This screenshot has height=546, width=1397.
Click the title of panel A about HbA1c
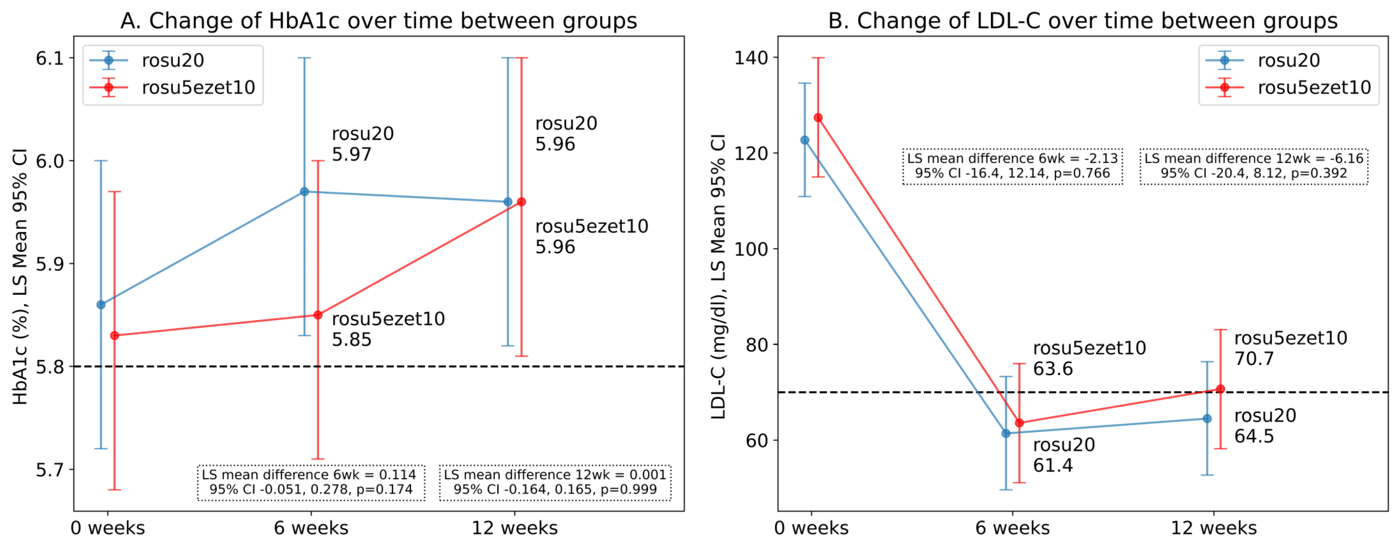tap(378, 21)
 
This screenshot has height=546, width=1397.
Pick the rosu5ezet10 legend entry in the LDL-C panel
tap(1313, 87)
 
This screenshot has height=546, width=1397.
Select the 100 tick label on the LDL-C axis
tap(751, 249)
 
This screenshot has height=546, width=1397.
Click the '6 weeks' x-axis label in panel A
tap(311, 527)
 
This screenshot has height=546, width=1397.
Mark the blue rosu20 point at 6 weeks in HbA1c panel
tap(304, 192)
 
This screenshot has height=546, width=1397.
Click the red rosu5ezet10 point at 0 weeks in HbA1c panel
tap(114, 336)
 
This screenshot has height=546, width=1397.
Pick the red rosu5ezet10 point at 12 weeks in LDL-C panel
tap(1220, 389)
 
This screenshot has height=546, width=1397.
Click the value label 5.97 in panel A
tap(352, 155)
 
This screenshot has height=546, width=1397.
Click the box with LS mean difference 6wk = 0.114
tap(311, 482)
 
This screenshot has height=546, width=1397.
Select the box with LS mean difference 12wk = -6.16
tap(1253, 166)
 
